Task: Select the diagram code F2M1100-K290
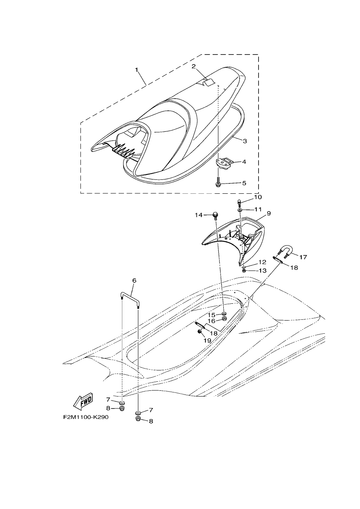point(86,417)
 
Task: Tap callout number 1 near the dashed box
point(137,70)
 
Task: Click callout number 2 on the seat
point(193,66)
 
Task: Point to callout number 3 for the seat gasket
point(245,141)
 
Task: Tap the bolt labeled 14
point(215,216)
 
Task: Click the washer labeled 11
point(240,209)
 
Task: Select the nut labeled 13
point(244,271)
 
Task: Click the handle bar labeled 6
point(130,300)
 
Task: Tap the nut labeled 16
point(224,319)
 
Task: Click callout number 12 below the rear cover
point(262,262)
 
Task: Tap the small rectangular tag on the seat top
point(209,82)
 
